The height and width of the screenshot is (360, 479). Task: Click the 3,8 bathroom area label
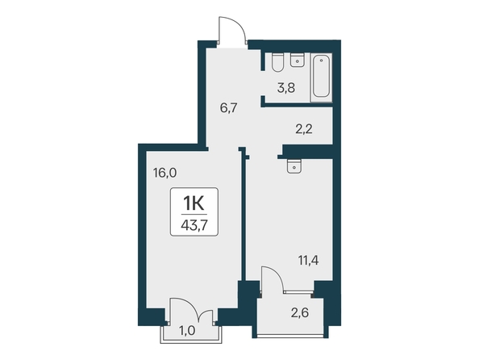[286, 88]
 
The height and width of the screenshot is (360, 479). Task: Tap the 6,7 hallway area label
[229, 108]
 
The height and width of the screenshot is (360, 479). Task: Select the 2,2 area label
[304, 129]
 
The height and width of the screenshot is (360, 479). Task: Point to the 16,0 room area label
[165, 173]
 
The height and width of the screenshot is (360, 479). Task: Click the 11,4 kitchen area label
[309, 261]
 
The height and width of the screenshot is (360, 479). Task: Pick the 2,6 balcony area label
[300, 313]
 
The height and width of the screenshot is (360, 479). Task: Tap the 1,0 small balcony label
[187, 331]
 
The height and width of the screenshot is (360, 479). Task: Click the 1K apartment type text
[194, 203]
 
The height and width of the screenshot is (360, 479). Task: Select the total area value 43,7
[194, 225]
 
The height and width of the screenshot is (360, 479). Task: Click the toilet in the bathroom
[277, 63]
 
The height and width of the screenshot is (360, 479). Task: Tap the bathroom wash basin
[297, 60]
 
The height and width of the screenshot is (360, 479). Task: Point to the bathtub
[321, 77]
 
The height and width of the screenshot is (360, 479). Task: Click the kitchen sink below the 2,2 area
[294, 166]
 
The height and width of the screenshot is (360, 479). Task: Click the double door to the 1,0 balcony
[192, 309]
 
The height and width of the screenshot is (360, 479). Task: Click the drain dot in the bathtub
[321, 61]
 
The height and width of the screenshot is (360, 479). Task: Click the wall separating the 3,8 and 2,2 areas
[297, 105]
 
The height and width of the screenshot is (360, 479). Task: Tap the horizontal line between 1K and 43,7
[194, 215]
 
